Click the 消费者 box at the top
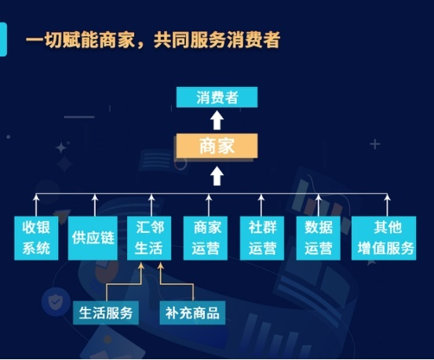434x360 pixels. coord(217,97)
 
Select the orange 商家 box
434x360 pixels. coord(217,146)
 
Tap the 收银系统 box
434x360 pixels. coord(36,238)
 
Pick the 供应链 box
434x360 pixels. coord(93,238)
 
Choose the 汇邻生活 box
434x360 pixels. coord(149,238)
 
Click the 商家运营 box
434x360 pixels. coord(206,238)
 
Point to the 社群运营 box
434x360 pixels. coord(262,238)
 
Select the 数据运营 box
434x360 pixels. coord(319,238)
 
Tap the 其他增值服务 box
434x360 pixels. coord(384,238)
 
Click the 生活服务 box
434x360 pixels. coord(106,313)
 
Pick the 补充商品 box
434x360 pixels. coord(192,313)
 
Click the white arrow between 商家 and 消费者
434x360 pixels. coord(217,120)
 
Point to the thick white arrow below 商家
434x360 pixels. coord(217,176)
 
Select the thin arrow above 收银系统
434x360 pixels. coord(36,205)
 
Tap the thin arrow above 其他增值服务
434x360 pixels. coord(387,205)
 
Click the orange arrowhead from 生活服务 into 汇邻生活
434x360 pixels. coord(141,266)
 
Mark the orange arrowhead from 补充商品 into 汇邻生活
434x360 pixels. coord(161,266)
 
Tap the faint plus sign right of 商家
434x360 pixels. coord(375,144)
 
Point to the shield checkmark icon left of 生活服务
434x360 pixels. coord(56,301)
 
